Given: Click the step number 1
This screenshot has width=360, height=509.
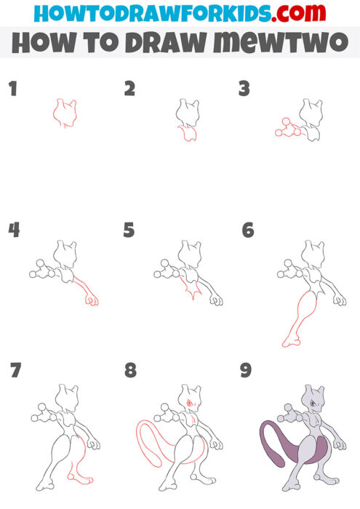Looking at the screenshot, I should point(12,89).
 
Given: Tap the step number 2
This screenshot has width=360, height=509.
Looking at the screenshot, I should point(129,89).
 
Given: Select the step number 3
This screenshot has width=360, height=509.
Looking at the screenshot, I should point(244,89).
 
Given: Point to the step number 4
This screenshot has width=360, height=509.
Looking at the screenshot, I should point(14,231).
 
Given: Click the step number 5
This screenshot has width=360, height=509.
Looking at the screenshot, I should point(129,231).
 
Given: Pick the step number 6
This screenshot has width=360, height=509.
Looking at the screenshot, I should point(248,231).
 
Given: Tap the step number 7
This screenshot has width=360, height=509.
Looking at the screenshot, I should point(15,371).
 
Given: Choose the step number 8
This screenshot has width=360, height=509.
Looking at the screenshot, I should point(130,371).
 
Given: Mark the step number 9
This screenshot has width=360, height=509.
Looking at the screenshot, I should point(246,371).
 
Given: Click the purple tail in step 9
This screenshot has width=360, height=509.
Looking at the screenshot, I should point(271,444).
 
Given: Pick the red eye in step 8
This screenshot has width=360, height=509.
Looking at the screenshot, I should point(191,401).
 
